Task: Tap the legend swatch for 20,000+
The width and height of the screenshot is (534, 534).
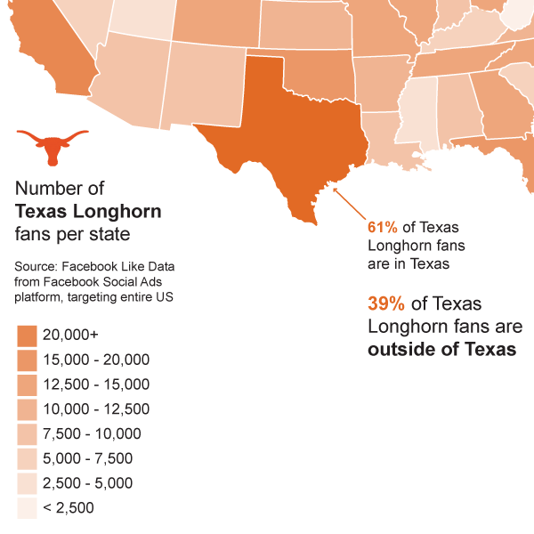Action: [27, 336]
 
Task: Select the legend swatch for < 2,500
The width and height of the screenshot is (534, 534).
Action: [27, 507]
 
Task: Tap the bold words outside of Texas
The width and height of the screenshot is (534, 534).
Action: [441, 350]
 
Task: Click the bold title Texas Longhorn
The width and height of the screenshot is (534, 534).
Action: [89, 212]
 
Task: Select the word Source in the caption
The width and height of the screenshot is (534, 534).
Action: [36, 266]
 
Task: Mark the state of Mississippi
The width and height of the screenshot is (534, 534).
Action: [416, 116]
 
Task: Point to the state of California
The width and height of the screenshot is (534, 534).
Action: [49, 49]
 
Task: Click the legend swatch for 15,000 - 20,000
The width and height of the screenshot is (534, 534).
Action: [27, 360]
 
